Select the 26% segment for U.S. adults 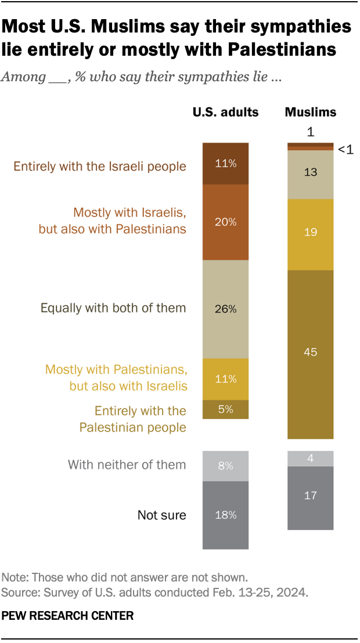[x=225, y=309]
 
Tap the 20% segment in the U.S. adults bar [x=225, y=222]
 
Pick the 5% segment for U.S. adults [x=225, y=409]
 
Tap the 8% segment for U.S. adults [x=225, y=465]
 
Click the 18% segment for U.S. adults [x=225, y=514]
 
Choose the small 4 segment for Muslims [x=311, y=458]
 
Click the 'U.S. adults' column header [x=225, y=112]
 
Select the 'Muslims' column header [x=311, y=112]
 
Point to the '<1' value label [x=345, y=150]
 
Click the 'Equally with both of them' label [x=113, y=308]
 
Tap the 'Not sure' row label [x=161, y=515]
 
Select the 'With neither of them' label [x=127, y=464]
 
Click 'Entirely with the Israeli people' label [x=100, y=167]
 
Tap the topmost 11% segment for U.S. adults [x=225, y=164]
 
